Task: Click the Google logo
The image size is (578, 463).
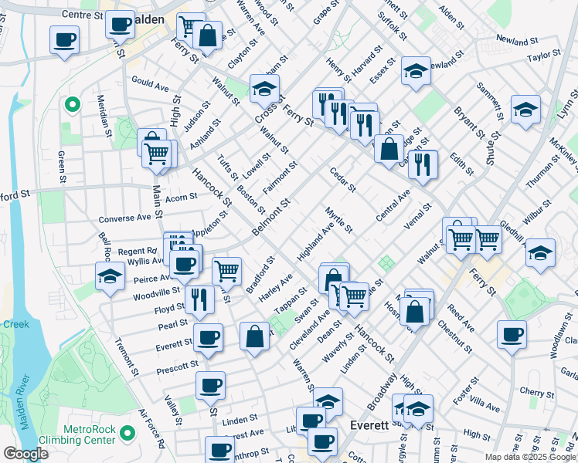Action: (25, 454)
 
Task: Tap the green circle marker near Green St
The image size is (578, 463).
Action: (72, 104)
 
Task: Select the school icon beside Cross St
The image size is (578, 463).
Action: (264, 88)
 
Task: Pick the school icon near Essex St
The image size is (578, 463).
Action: (415, 72)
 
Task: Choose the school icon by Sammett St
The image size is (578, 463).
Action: (525, 110)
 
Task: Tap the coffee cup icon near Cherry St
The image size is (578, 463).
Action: (512, 335)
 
